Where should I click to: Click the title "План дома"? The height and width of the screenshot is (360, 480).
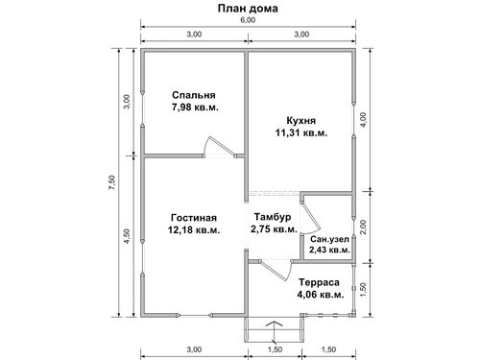[248, 9]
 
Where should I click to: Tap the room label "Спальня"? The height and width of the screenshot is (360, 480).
[194, 95]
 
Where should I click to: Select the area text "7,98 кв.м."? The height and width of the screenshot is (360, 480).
[195, 108]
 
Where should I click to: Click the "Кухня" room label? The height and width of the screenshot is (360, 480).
[300, 121]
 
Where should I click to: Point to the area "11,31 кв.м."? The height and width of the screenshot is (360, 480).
[301, 132]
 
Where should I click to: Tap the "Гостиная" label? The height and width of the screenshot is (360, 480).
[194, 218]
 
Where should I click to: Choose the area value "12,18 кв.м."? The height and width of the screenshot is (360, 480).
[194, 230]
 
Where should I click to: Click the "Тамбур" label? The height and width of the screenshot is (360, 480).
[273, 217]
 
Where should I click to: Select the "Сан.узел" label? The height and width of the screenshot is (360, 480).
[329, 239]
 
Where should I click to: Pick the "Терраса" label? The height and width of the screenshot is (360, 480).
[319, 282]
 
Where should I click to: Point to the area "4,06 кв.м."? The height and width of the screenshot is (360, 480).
[321, 295]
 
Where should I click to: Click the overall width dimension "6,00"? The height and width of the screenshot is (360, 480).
[248, 20]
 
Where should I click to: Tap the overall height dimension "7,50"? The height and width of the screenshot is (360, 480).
[111, 183]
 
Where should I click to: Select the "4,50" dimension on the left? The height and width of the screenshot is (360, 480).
[127, 236]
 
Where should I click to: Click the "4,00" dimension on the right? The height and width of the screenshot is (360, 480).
[364, 120]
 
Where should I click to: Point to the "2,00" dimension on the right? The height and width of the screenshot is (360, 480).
[363, 228]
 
